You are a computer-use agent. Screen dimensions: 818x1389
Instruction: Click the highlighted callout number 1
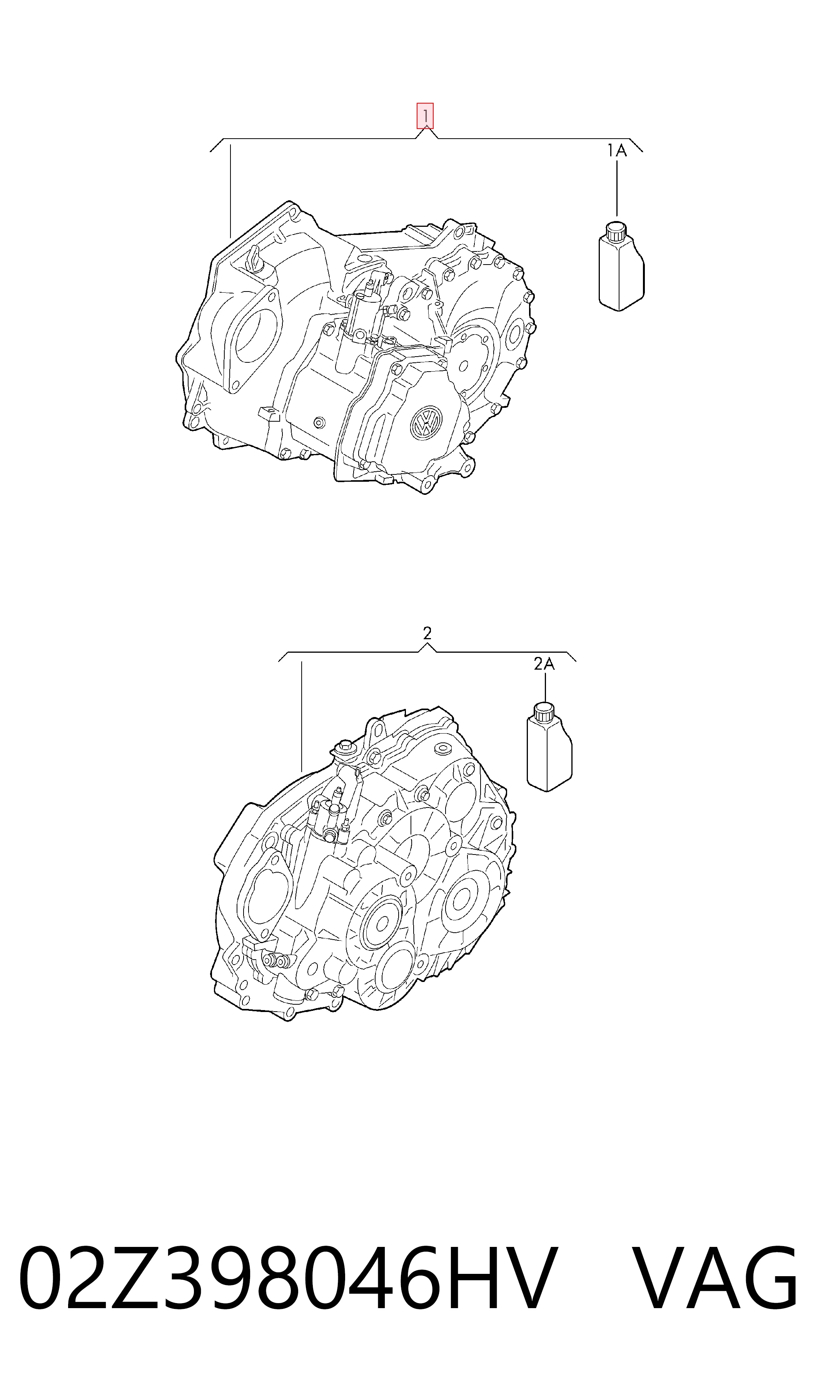pos(425,116)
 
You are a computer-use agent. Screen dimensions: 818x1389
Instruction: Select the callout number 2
pos(427,633)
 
